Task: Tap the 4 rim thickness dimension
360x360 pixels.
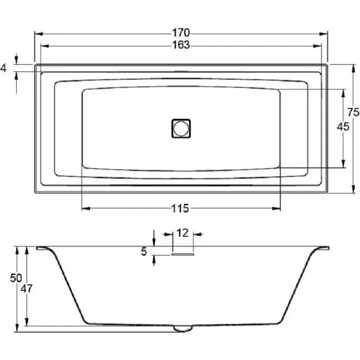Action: (4, 69)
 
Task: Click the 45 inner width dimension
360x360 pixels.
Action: (343, 127)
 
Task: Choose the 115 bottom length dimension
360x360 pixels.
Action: (181, 208)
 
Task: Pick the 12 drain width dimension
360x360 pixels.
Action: (182, 232)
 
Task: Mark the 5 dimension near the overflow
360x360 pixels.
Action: (144, 252)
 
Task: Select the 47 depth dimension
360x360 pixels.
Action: (26, 288)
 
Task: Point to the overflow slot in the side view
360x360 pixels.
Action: (182, 254)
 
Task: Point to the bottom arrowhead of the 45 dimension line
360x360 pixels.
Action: (343, 164)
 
